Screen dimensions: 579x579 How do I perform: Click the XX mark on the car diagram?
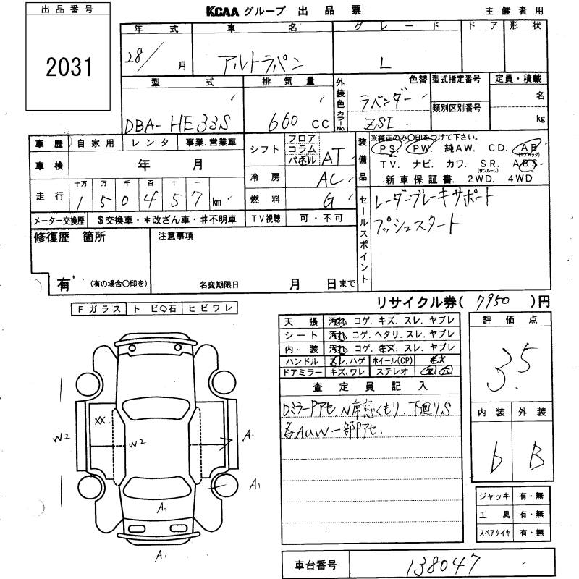[100, 420]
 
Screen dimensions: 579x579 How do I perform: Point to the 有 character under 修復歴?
[63, 284]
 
